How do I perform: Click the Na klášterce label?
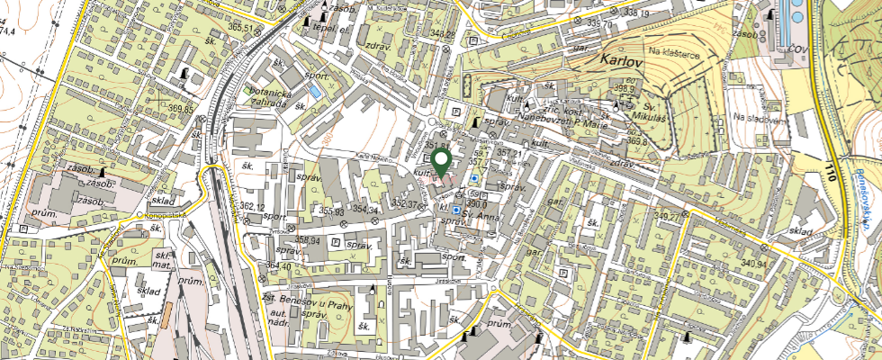pyautogui.click(x=676, y=54)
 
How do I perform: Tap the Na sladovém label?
pyautogui.click(x=755, y=117)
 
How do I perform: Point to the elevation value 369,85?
pyautogui.click(x=180, y=109)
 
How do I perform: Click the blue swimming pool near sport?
pyautogui.click(x=314, y=93)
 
